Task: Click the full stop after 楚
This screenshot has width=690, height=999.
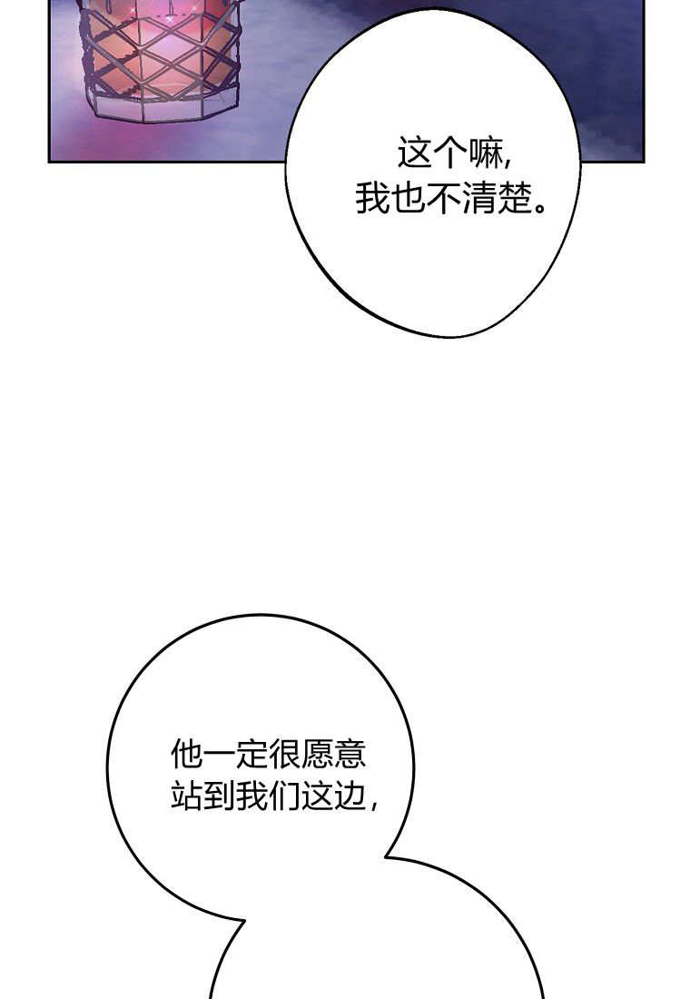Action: click(x=539, y=208)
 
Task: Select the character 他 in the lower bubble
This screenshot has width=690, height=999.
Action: click(x=187, y=754)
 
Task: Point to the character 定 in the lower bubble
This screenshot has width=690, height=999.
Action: click(x=251, y=754)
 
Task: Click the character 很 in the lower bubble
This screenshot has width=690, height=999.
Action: click(x=285, y=754)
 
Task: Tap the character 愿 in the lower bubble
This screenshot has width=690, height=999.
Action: click(x=317, y=754)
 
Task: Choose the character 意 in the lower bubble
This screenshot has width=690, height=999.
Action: click(x=350, y=754)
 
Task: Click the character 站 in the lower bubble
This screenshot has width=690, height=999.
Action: click(x=187, y=796)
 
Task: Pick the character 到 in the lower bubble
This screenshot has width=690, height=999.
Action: click(x=219, y=796)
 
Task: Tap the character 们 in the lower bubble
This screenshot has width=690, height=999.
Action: click(x=285, y=796)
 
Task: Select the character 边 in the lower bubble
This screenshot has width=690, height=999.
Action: click(x=350, y=796)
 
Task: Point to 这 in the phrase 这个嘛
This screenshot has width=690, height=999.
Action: click(x=414, y=153)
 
